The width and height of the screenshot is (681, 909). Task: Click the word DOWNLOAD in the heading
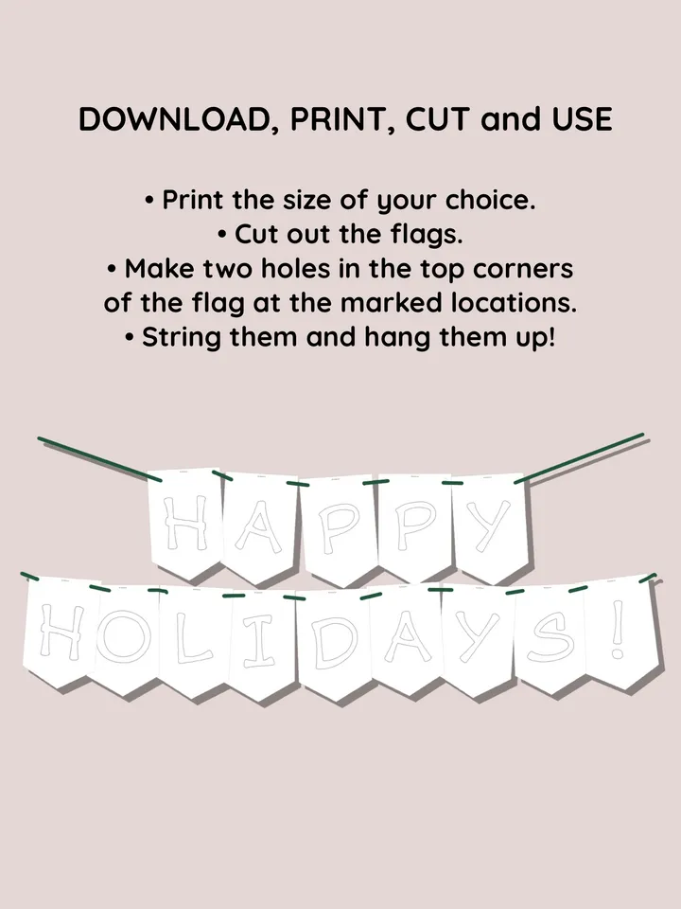pos(172,120)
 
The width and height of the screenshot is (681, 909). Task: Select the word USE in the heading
pos(578,120)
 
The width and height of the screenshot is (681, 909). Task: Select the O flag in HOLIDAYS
pos(123,639)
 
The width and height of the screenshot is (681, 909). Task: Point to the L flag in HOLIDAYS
pos(192,642)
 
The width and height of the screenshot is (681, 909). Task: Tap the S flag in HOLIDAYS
pos(550,639)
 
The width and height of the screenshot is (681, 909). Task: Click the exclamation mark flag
pos(618,634)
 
